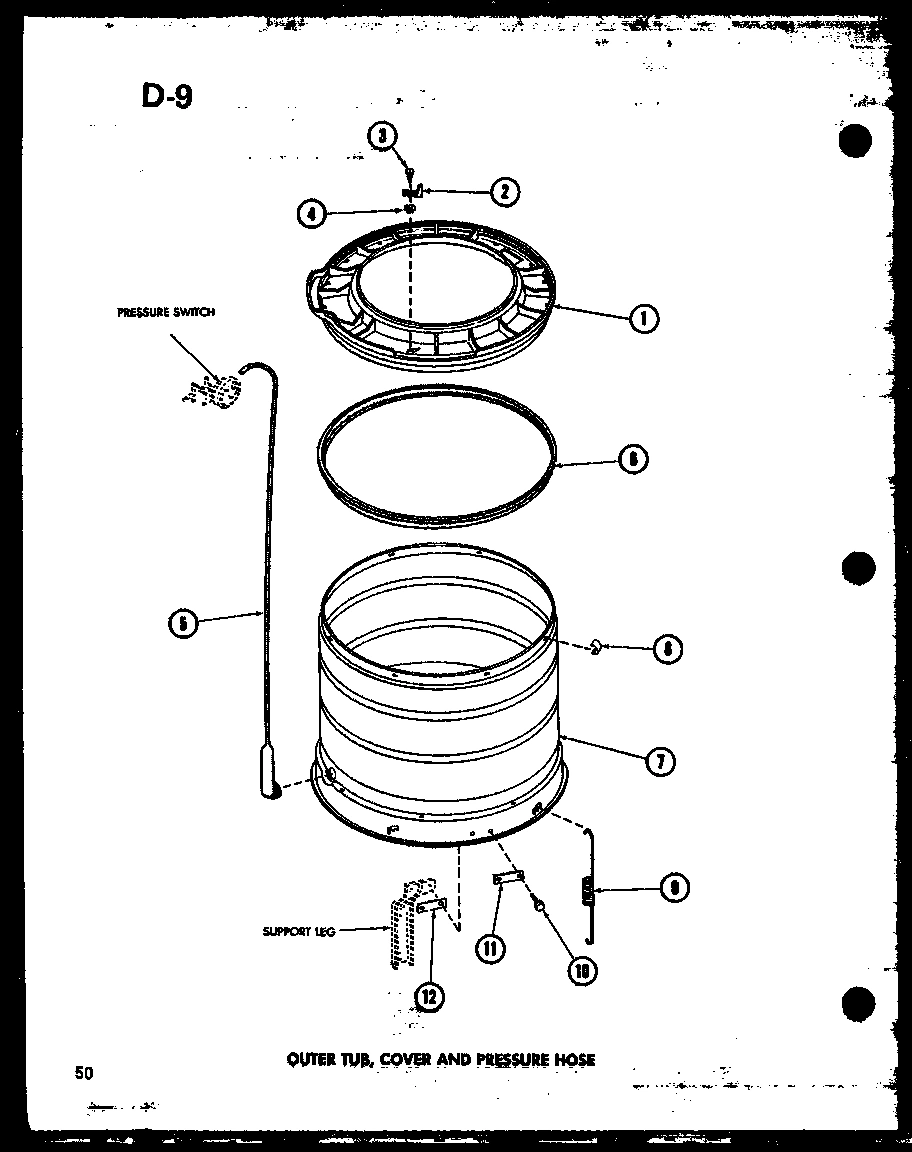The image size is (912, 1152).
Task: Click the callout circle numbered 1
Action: [643, 318]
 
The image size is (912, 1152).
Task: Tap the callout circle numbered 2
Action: [505, 191]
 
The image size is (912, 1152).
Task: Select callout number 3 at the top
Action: [381, 137]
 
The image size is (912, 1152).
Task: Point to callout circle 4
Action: [312, 212]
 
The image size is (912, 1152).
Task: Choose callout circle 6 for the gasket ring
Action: [632, 460]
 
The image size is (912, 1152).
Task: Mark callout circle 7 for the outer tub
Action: [659, 761]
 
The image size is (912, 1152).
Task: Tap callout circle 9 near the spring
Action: [675, 887]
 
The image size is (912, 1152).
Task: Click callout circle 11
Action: [490, 946]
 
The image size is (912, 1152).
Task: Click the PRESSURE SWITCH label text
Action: [165, 312]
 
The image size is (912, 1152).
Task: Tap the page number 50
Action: [83, 1073]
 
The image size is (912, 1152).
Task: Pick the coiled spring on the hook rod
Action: [587, 889]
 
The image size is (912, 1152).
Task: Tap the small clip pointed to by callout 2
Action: [413, 190]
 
